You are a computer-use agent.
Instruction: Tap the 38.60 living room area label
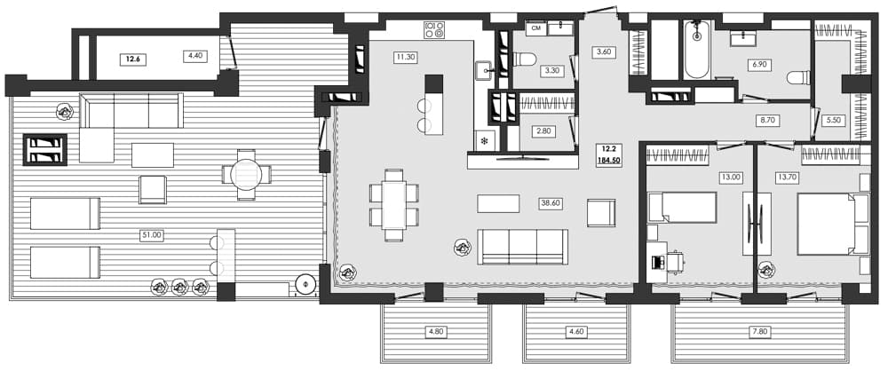(551, 203)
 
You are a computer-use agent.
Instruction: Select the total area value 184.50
(609, 160)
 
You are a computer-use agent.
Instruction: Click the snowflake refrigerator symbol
(485, 140)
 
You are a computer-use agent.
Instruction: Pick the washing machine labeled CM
(535, 28)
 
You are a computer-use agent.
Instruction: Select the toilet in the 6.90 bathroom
(797, 78)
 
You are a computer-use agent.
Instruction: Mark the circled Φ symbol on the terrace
(305, 285)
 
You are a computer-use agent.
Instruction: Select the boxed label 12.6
(133, 59)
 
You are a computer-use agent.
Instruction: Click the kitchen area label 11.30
(406, 57)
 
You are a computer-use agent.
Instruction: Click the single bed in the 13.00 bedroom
(682, 208)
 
